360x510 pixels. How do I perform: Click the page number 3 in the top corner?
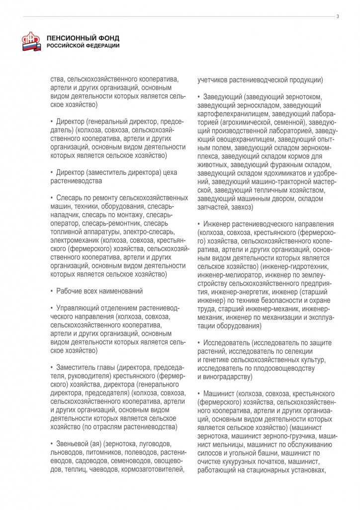tap(338, 16)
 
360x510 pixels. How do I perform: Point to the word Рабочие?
tap(69, 290)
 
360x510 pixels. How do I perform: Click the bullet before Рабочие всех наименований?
tap(52, 290)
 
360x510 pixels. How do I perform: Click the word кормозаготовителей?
tap(157, 469)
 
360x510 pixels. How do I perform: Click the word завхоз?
tap(243, 207)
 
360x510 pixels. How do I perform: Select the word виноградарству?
tap(228, 376)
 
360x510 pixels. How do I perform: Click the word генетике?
tap(216, 359)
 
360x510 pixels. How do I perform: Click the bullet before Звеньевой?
tap(52, 444)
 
